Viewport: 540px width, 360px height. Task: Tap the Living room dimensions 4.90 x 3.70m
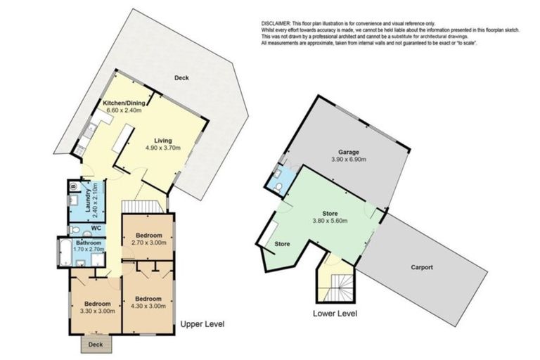pyautogui.click(x=163, y=148)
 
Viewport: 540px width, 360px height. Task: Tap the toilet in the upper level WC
pyautogui.click(x=85, y=231)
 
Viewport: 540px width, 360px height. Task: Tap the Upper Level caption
pyautogui.click(x=202, y=324)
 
